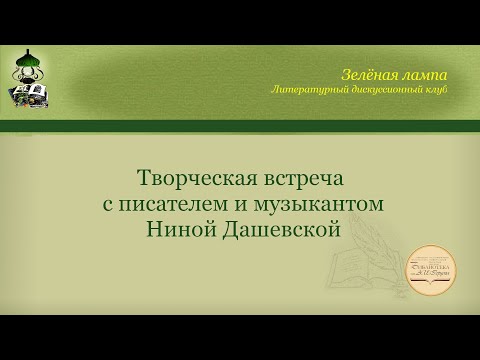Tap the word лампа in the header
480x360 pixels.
(x=424, y=75)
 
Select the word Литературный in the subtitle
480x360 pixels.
(x=310, y=90)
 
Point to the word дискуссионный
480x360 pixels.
(x=385, y=90)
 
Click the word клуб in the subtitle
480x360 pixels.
(x=437, y=90)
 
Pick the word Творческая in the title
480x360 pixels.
(x=192, y=179)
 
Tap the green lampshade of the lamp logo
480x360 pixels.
(x=30, y=66)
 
